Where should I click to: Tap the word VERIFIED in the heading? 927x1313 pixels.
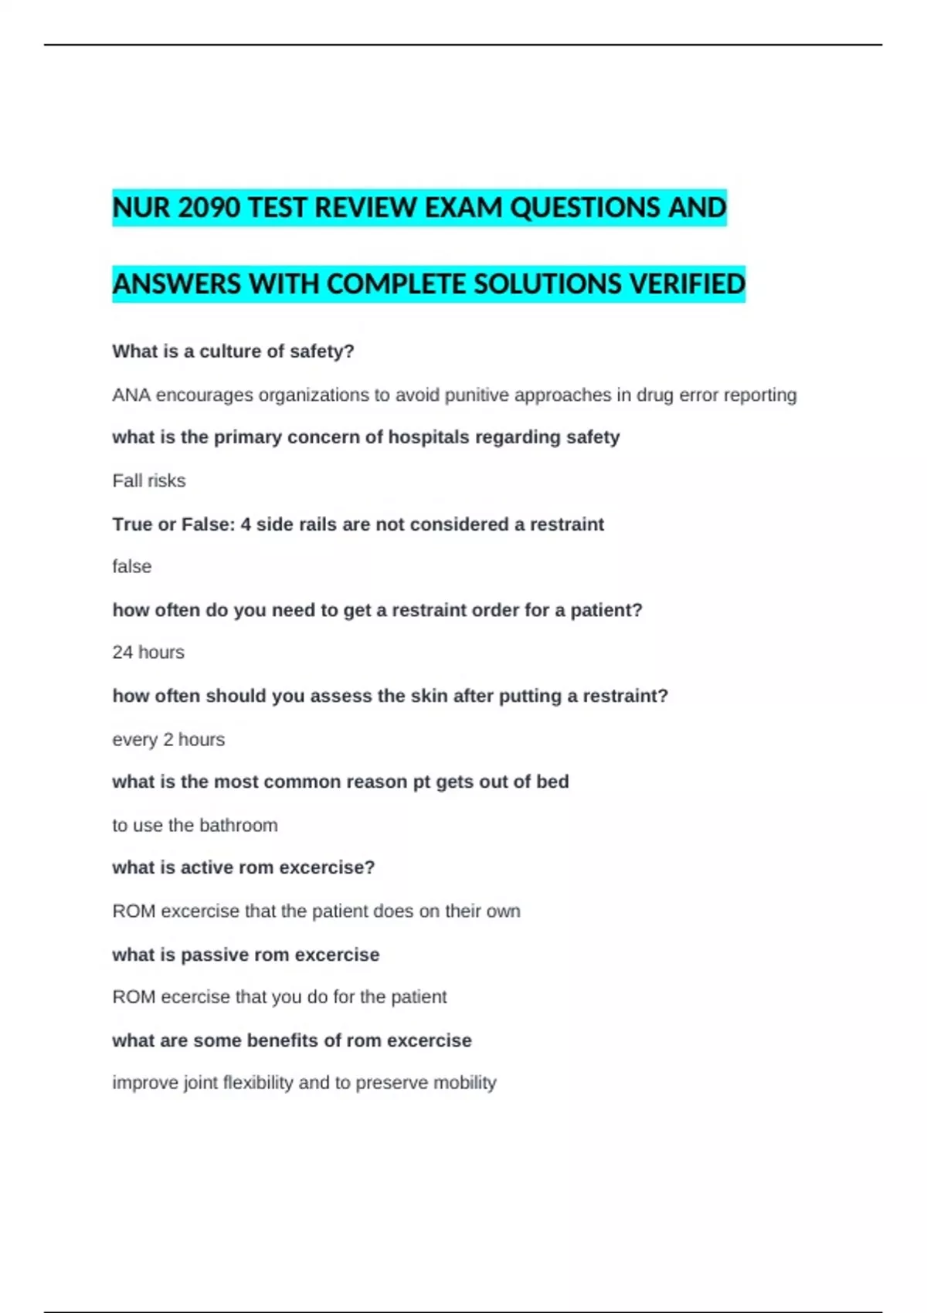[687, 284]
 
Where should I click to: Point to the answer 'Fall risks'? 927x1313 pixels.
[149, 480]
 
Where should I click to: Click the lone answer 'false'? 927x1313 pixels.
[132, 566]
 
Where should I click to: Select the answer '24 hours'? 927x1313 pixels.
[148, 652]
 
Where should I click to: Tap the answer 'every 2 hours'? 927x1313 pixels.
[168, 739]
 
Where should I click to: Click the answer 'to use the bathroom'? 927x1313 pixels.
[195, 825]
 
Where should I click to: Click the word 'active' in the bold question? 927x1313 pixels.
[207, 867]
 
